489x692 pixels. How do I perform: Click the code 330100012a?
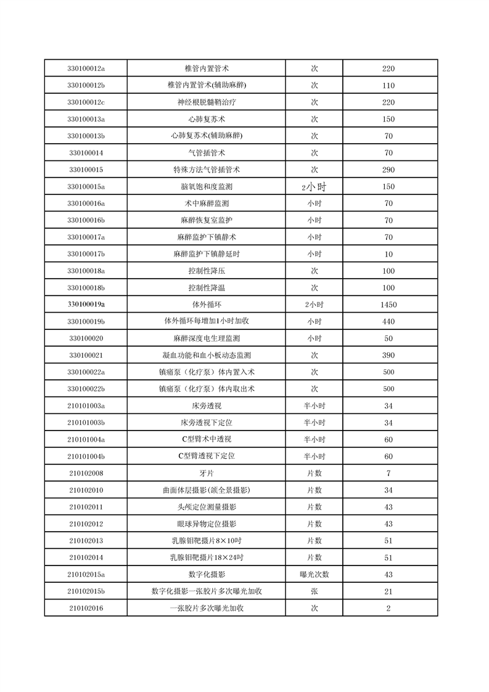86,68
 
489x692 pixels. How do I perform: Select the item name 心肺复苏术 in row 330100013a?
207,119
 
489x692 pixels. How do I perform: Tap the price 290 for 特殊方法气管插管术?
388,170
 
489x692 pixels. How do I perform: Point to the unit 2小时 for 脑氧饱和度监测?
314,187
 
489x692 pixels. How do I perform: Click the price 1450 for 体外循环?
388,305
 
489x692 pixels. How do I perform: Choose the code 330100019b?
86,321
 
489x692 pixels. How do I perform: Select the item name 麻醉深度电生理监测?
207,339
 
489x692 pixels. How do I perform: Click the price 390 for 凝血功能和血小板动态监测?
388,355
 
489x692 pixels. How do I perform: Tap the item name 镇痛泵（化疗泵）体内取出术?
207,389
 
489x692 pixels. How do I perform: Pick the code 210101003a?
86,406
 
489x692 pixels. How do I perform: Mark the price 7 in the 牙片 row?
388,473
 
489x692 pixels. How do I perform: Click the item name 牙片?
207,473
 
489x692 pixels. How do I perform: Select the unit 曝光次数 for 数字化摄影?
314,574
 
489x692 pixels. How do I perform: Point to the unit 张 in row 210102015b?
314,591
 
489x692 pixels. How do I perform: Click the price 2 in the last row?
388,608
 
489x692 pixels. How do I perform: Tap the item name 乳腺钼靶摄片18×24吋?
207,558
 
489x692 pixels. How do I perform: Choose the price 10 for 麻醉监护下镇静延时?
388,254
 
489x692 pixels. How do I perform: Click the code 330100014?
86,153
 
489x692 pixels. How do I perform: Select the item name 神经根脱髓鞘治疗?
207,102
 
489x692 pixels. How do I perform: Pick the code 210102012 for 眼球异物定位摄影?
86,524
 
